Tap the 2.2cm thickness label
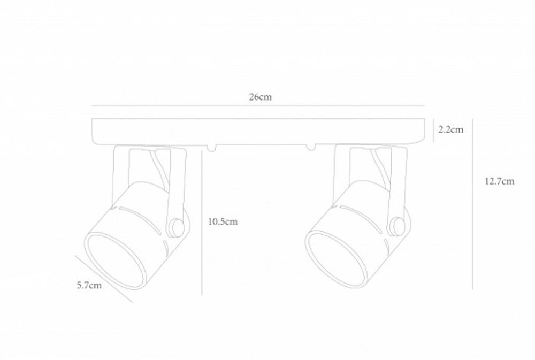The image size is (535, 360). [x=450, y=129]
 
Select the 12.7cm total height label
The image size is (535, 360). [x=500, y=181]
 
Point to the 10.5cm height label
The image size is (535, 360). [x=223, y=222]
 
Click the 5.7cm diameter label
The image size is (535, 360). [x=89, y=285]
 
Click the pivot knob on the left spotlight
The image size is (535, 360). [x=175, y=228]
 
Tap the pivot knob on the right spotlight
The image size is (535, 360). [x=396, y=226]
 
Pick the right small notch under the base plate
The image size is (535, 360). [x=309, y=147]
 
